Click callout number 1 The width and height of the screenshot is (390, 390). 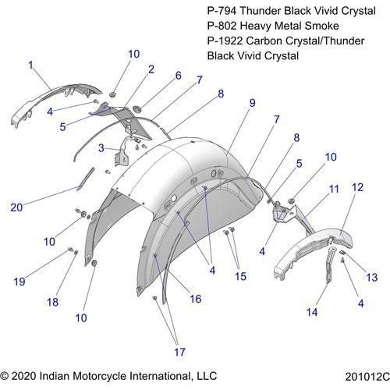click(x=31, y=65)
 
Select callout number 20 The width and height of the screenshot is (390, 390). click(x=16, y=207)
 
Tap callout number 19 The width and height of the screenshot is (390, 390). click(x=19, y=282)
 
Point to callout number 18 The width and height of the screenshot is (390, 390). click(x=52, y=302)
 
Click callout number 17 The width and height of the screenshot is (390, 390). click(x=179, y=353)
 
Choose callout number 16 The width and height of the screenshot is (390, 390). click(x=196, y=299)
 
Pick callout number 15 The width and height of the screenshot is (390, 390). click(x=240, y=276)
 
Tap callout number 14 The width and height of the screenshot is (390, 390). click(x=312, y=312)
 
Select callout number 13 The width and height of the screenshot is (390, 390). click(x=372, y=278)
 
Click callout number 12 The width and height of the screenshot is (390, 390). click(x=357, y=187)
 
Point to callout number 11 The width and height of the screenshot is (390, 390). click(x=334, y=189)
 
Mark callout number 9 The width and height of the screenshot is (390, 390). click(x=252, y=103)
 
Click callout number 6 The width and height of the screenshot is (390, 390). click(x=179, y=76)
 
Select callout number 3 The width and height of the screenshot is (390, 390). click(x=101, y=148)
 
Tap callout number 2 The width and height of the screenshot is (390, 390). click(x=151, y=69)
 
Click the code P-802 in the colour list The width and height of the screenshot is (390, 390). click(x=222, y=26)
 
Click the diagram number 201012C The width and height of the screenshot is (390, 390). click(x=367, y=376)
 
